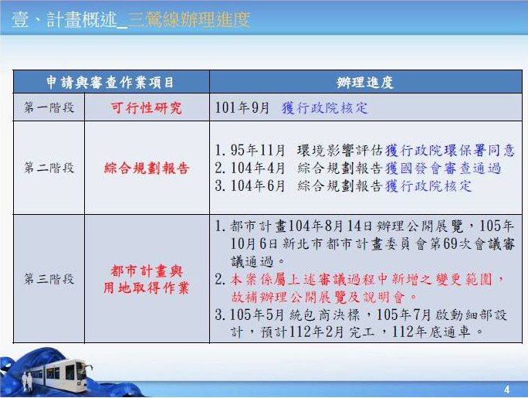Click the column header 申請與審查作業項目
click(110, 83)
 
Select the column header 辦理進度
click(365, 83)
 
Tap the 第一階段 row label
click(49, 108)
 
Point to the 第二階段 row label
click(49, 168)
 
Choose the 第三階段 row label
click(49, 279)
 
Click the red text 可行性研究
click(146, 108)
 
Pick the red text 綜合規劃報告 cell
click(147, 168)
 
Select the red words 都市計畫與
click(147, 271)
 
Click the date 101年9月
click(242, 108)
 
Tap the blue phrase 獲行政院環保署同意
click(450, 150)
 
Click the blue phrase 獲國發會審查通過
click(443, 168)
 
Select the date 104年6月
click(258, 186)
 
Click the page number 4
click(507, 390)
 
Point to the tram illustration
click(57, 376)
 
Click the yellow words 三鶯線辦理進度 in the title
click(189, 19)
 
